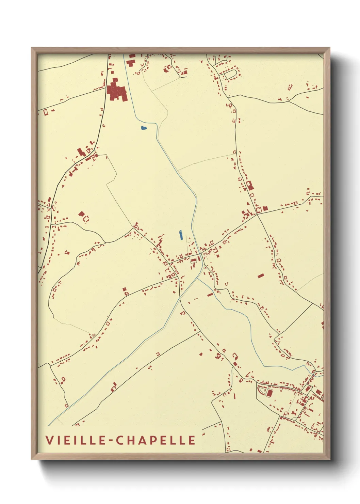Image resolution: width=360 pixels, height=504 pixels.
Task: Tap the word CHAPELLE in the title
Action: (x=156, y=440)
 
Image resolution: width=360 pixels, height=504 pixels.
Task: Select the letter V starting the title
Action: (x=49, y=440)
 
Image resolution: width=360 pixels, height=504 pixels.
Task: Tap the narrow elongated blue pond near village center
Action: (x=180, y=235)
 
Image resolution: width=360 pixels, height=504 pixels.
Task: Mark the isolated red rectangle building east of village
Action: (x=261, y=275)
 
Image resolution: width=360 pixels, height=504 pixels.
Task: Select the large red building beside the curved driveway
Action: (x=269, y=393)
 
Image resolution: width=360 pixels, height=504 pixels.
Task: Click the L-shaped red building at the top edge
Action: (x=130, y=63)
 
